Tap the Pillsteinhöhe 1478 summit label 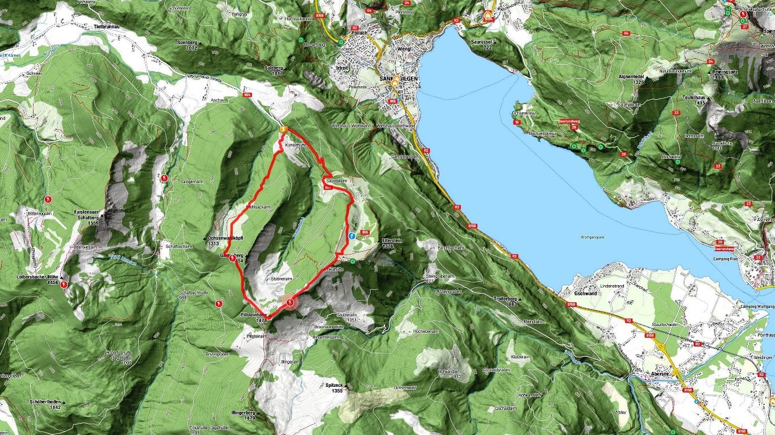[x=254, y=318]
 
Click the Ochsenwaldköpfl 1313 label [x=213, y=240]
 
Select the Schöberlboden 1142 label [x=46, y=404]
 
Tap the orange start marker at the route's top [x=282, y=129]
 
